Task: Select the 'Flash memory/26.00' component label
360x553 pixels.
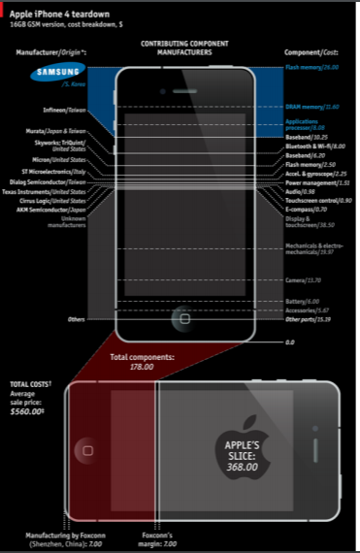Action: coord(312,68)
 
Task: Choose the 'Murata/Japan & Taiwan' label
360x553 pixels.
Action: coord(57,131)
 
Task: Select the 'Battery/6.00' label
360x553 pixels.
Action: coord(304,302)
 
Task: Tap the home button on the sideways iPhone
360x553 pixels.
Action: coord(87,449)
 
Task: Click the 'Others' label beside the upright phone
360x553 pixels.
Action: coord(77,318)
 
